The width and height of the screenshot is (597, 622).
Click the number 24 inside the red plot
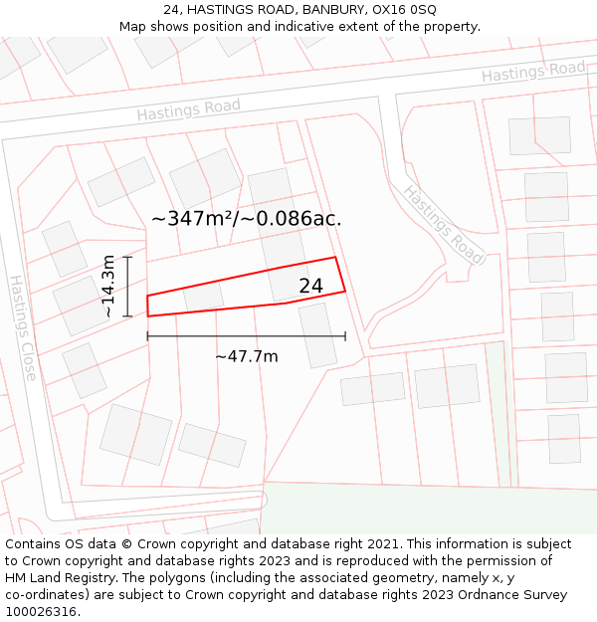(x=310, y=287)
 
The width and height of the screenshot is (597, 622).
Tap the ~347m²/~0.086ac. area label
(x=246, y=219)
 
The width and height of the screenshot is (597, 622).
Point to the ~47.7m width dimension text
(x=246, y=356)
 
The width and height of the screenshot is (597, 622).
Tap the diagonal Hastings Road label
(x=444, y=225)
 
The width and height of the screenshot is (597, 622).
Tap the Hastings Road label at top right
(x=533, y=72)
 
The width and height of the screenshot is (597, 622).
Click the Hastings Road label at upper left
(x=189, y=109)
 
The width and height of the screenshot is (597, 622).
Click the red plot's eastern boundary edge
(x=340, y=275)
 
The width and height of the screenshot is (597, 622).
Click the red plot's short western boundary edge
(x=147, y=306)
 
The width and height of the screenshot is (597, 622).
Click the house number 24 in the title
(x=171, y=9)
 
